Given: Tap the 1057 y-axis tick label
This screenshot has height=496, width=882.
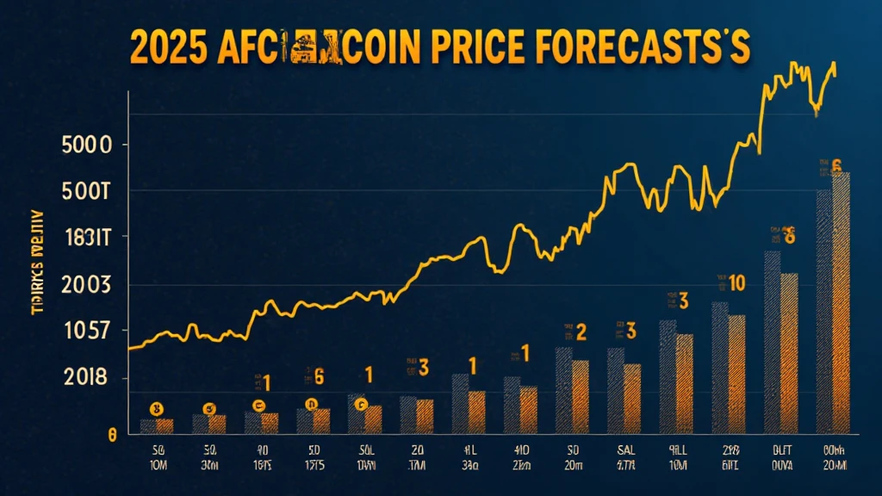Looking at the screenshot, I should pos(87,332).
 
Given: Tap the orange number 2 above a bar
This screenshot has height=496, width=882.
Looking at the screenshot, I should pos(581,331).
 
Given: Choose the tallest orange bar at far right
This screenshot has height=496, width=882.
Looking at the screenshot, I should pos(840,301).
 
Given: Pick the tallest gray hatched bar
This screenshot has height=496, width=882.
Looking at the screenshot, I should pos(823,310).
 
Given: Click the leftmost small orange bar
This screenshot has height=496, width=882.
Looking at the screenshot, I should pos(165,425).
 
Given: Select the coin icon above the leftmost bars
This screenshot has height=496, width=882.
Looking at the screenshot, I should pos(156,408).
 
